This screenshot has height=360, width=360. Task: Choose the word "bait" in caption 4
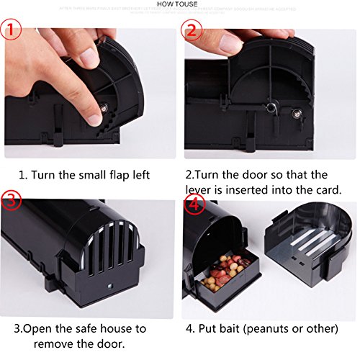(x=240, y=328)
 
